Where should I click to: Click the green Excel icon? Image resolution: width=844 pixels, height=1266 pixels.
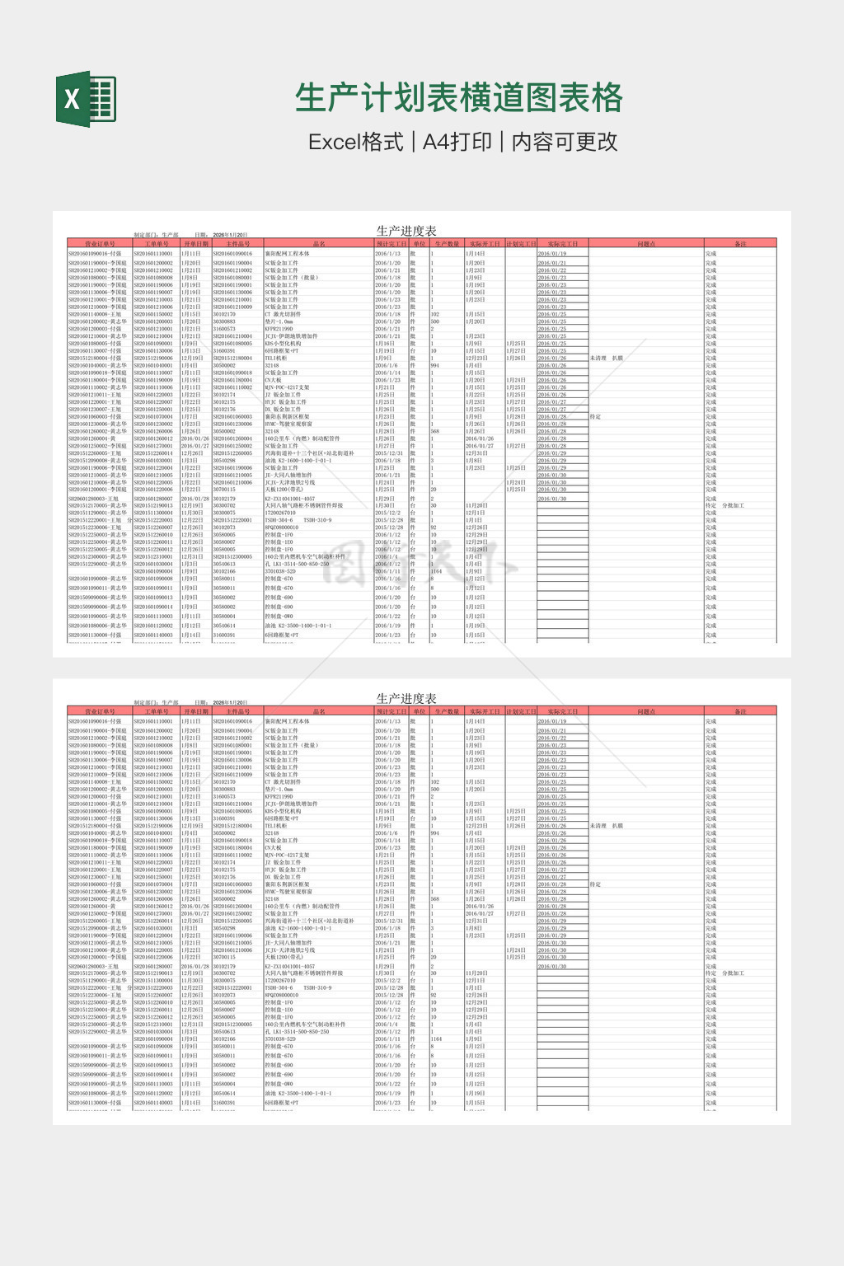coord(86,99)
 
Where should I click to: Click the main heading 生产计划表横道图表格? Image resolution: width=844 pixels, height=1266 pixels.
coord(458,98)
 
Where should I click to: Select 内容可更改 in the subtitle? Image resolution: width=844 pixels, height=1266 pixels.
coord(565,142)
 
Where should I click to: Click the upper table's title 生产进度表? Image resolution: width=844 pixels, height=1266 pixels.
coord(406,231)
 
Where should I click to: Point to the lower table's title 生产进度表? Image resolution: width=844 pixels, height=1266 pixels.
coord(406,698)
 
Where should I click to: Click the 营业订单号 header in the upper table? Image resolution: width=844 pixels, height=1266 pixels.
coord(100,244)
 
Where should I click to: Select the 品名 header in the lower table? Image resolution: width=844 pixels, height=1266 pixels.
coord(319,711)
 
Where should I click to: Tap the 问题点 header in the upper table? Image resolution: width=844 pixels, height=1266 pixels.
coord(646,244)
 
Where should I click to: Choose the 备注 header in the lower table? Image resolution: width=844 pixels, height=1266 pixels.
coord(740,711)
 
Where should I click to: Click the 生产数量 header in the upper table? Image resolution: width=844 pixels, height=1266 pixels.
coord(447,244)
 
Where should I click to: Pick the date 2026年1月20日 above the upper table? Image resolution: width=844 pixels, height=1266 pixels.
coord(230,235)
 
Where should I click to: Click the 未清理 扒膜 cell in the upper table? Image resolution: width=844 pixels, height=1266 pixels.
coord(607,359)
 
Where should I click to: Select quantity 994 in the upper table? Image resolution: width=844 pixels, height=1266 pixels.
coord(435,366)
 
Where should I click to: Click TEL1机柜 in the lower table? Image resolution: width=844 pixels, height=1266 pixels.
coord(276,826)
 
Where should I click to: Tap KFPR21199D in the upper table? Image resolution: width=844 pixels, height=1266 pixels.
coord(279,329)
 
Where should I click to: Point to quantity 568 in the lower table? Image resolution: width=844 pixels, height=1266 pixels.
coord(435,899)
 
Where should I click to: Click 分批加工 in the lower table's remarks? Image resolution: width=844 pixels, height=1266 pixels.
coord(733,973)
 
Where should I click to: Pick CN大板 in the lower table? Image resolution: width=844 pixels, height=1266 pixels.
coord(273,848)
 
